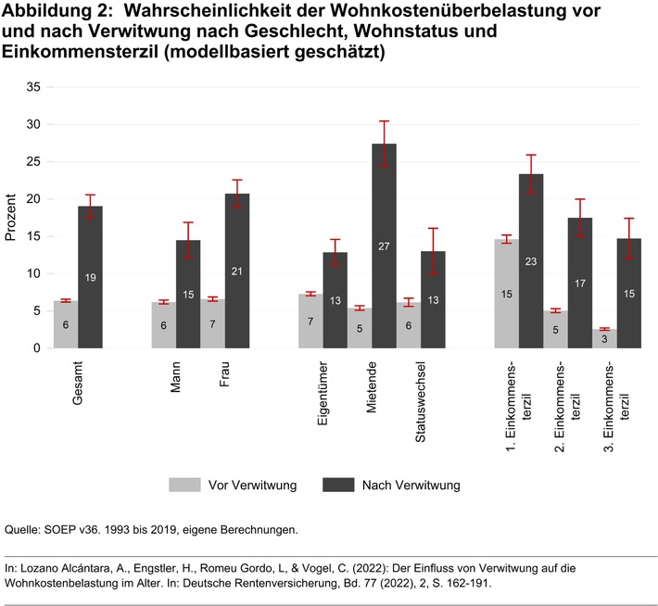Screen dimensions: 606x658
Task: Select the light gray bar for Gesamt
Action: click(66, 324)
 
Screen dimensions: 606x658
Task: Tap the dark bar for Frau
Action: click(236, 278)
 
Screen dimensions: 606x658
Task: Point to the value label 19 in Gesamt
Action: click(90, 277)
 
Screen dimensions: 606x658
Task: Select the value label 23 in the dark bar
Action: click(531, 261)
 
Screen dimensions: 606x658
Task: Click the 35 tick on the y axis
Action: click(33, 87)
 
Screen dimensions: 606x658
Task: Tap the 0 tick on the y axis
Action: click(37, 348)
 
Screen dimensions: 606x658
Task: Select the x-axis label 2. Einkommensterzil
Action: click(566, 404)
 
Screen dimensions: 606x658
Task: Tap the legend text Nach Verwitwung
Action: click(411, 485)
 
